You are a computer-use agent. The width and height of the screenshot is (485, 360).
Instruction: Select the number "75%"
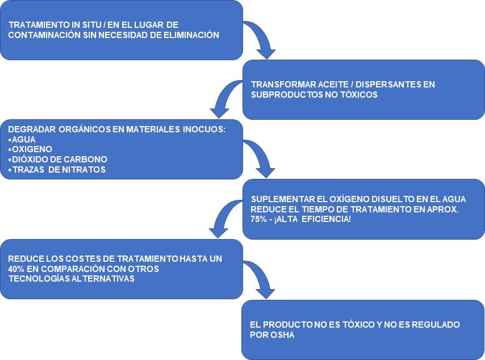pos(258,219)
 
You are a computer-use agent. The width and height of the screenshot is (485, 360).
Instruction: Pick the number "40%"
pos(16,269)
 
